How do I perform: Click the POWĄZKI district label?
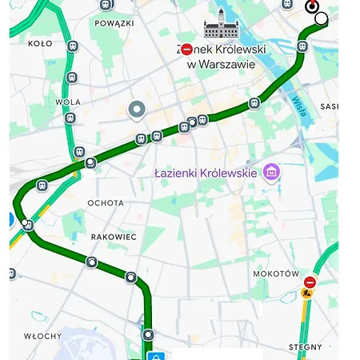pyautogui.click(x=114, y=24)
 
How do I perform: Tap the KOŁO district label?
pyautogui.click(x=40, y=44)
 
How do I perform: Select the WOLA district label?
pyautogui.click(x=68, y=102)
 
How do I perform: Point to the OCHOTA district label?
pyautogui.click(x=106, y=203)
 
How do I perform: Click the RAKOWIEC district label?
pyautogui.click(x=114, y=237)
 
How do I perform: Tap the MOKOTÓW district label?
pyautogui.click(x=276, y=274)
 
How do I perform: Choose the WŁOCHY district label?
pyautogui.click(x=42, y=336)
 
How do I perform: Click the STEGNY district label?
pyautogui.click(x=305, y=347)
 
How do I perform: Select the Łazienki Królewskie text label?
pyautogui.click(x=206, y=173)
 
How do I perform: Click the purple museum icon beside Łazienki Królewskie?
pyautogui.click(x=271, y=172)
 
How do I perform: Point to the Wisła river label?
pyautogui.click(x=298, y=106)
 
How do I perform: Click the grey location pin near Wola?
pyautogui.click(x=137, y=110)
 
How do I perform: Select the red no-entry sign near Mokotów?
pyautogui.click(x=310, y=282)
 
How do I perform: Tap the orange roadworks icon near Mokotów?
pyautogui.click(x=306, y=294)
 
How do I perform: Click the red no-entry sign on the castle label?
pyautogui.click(x=186, y=50)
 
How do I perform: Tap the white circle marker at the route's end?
pyautogui.click(x=321, y=18)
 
